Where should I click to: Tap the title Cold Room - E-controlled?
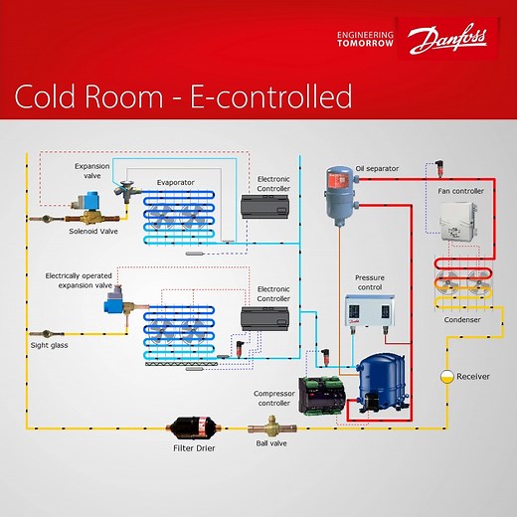(x=183, y=96)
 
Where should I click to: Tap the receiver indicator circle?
(x=448, y=377)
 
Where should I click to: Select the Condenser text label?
(x=462, y=319)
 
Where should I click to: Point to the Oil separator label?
(x=377, y=169)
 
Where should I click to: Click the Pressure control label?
(x=369, y=282)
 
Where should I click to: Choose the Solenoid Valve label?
(x=93, y=231)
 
